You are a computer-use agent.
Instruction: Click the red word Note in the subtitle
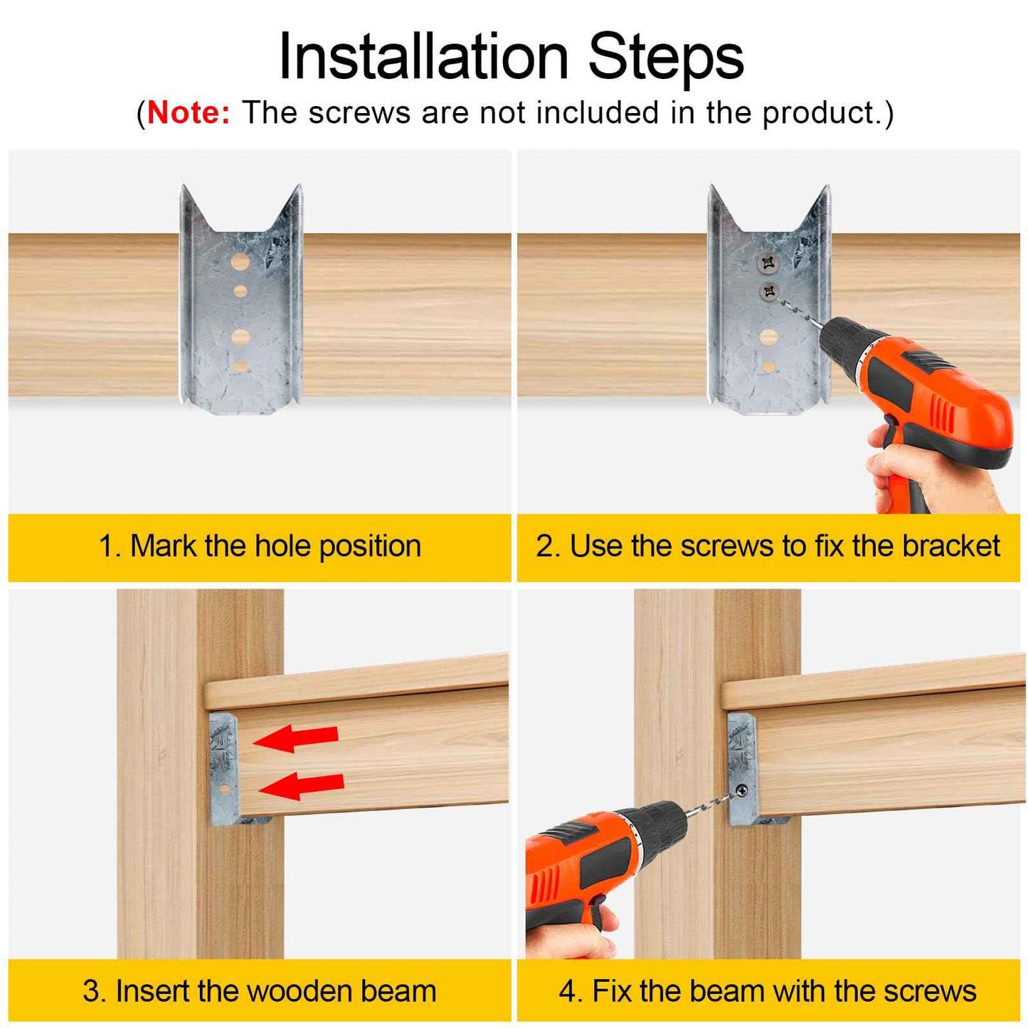point(189,113)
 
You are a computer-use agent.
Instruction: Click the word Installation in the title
point(423,57)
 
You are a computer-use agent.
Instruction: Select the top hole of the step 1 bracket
point(240,262)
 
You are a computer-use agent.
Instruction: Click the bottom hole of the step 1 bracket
point(240,366)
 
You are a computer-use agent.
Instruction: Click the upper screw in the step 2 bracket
point(768,264)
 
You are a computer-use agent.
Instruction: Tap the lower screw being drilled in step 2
point(769,291)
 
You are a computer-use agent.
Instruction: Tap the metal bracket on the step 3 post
point(223,768)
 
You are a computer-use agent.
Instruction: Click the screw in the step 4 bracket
point(742,790)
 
